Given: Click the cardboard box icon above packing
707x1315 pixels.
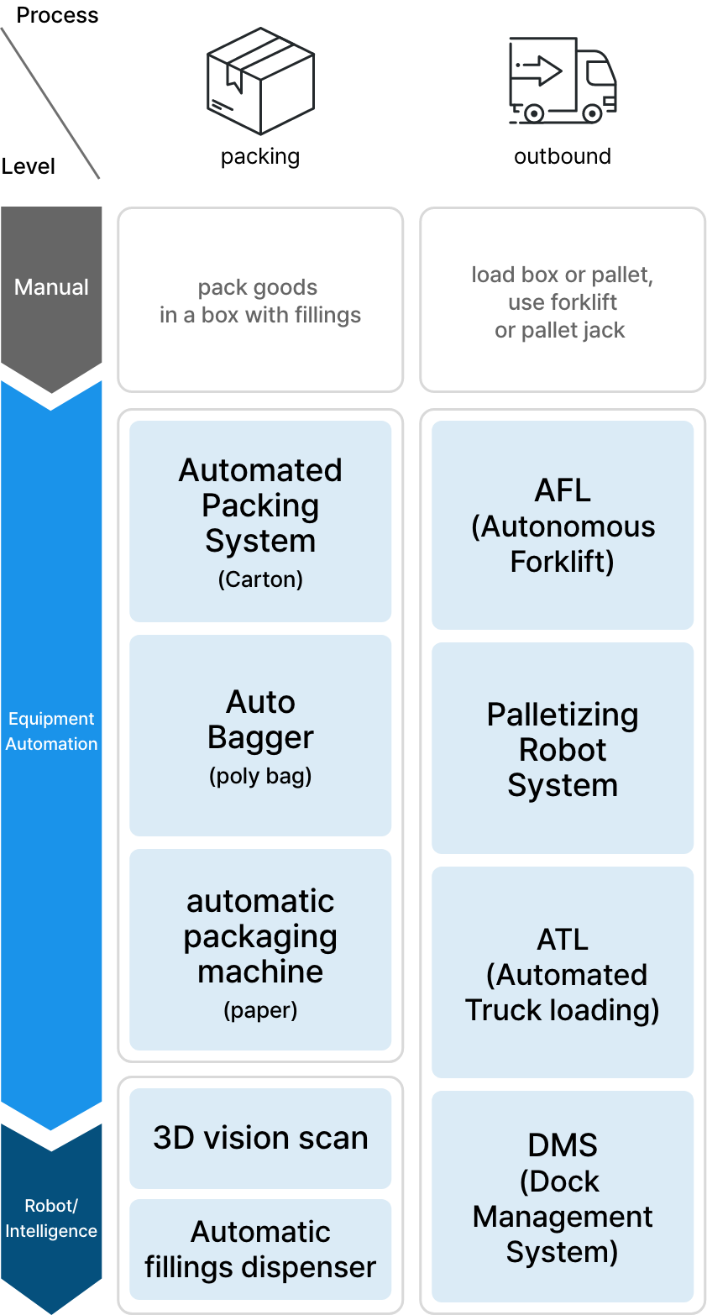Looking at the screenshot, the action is tap(261, 81).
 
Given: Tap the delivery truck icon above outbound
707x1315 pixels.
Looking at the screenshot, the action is tap(563, 81).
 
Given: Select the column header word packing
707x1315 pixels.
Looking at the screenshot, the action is tap(260, 157).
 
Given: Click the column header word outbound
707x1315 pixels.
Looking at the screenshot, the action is tap(563, 156).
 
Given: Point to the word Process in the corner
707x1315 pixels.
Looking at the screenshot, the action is tap(58, 15).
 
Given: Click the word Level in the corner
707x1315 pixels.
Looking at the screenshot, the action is tap(29, 166).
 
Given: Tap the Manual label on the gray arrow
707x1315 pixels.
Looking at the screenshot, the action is tap(51, 287).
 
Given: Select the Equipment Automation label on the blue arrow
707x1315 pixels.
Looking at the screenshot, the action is tap(51, 731).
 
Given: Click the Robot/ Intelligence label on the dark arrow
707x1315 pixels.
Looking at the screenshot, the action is tap(51, 1218).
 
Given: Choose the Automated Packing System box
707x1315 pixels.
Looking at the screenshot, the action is tap(260, 521).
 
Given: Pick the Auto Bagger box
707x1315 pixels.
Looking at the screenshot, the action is tap(260, 735).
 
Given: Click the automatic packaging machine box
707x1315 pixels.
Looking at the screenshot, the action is tap(260, 949).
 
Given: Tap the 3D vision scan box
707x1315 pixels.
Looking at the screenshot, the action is tap(260, 1139).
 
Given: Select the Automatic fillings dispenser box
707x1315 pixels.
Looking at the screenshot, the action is tap(260, 1250).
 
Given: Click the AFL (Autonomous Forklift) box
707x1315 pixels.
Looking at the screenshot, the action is tap(563, 525).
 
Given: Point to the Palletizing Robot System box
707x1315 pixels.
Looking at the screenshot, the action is tap(563, 748).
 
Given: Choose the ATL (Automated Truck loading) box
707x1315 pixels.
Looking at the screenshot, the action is tap(563, 972).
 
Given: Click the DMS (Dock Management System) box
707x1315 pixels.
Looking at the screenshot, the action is tap(563, 1197).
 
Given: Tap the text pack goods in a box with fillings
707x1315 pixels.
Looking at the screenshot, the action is tap(260, 301).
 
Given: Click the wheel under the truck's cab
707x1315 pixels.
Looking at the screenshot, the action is tap(592, 113).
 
